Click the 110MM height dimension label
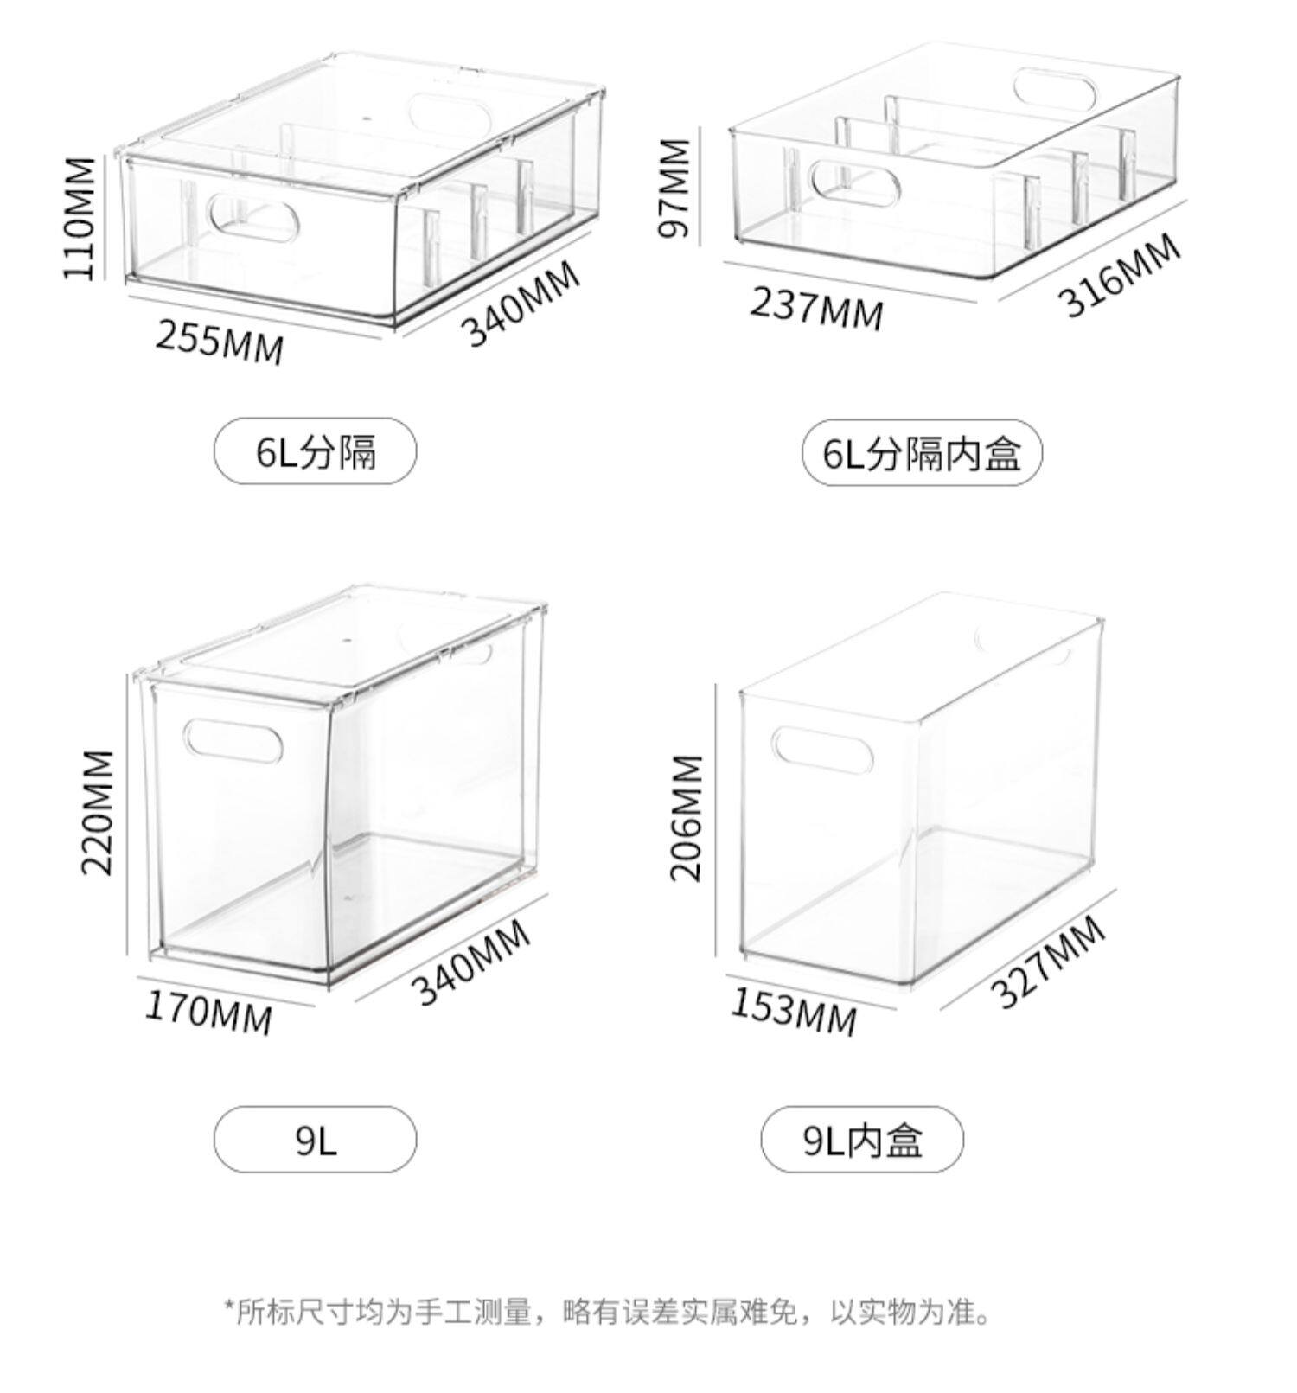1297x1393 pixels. (80, 217)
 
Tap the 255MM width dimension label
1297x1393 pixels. (220, 341)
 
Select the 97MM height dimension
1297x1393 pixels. (674, 188)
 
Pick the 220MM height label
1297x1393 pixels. (98, 812)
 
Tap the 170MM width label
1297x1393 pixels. (208, 1013)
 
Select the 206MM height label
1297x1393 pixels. (687, 817)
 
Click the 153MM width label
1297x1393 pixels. (794, 1011)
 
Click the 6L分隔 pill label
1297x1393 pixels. (315, 451)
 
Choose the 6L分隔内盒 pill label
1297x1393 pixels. (922, 452)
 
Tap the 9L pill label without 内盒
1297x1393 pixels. (315, 1141)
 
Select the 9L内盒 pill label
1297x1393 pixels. (862, 1141)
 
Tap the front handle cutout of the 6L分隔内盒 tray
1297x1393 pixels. (854, 182)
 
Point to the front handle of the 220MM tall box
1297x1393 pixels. (233, 741)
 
